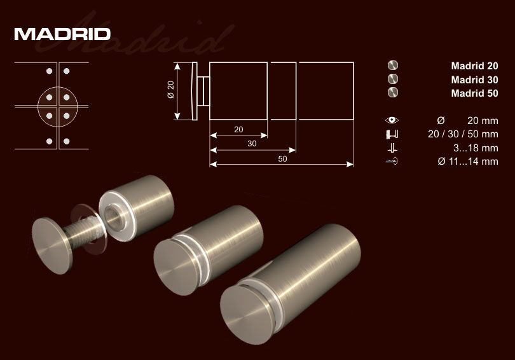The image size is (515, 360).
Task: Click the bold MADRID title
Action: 62,34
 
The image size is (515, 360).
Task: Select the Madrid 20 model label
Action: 474,66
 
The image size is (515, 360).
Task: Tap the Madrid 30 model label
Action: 474,80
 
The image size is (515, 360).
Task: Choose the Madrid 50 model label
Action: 474,93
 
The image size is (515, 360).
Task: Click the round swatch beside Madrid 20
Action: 393,65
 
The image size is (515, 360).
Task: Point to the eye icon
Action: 392,120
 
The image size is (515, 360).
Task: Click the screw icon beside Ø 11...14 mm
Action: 392,162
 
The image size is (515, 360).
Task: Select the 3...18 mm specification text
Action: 476,148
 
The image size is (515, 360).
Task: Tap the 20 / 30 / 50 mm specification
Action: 463,134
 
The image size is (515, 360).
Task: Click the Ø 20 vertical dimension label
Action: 171,90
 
